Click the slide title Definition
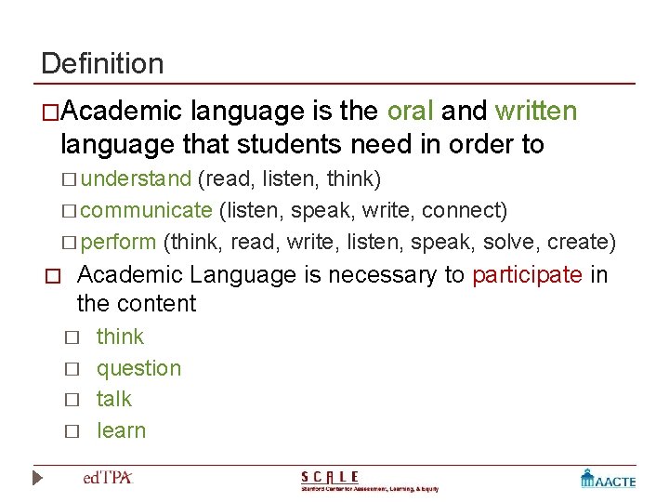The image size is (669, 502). (x=102, y=64)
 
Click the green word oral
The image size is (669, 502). (x=410, y=112)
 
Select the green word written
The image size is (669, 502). (x=536, y=112)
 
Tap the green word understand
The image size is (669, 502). (x=137, y=178)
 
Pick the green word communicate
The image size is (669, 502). (x=147, y=210)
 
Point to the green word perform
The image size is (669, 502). (x=119, y=243)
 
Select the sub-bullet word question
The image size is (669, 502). (x=138, y=368)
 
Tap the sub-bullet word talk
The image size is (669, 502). (x=114, y=399)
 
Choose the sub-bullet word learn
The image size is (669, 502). (x=122, y=430)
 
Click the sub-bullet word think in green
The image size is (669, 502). (x=120, y=337)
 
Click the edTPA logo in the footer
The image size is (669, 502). (x=109, y=478)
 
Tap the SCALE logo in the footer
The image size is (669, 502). (x=369, y=481)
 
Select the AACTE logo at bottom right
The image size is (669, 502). (x=608, y=479)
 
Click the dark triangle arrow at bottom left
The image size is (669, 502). (x=37, y=479)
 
